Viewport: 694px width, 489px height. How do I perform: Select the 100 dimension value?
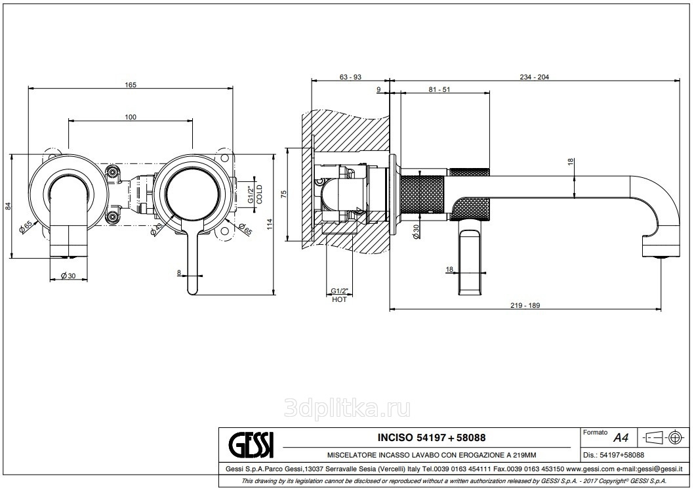pos(130,117)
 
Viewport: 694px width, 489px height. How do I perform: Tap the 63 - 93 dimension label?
pos(350,77)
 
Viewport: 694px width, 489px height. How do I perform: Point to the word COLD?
pos(259,195)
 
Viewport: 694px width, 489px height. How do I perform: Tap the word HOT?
pos(338,299)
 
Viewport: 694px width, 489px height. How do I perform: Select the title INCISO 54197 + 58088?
pos(432,437)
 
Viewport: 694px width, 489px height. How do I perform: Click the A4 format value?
pos(619,437)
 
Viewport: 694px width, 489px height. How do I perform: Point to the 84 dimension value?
pos(9,205)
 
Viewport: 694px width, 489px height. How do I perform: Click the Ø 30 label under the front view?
pos(68,276)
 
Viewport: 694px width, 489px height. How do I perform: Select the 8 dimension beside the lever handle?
pos(178,272)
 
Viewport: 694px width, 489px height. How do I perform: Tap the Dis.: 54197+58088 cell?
pos(613,454)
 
